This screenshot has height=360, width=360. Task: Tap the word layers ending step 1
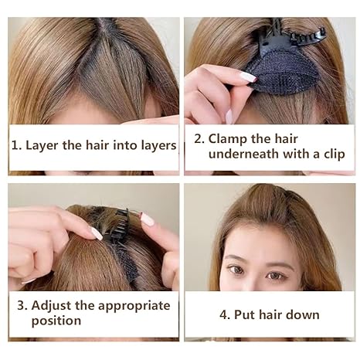[x=155, y=145]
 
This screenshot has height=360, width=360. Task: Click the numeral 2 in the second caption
[x=198, y=138]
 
